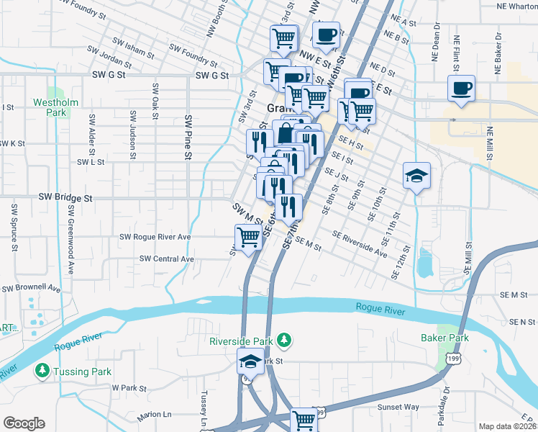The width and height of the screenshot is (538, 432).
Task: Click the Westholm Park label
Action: point(55,107)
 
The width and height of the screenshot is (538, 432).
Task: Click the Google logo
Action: point(24,423)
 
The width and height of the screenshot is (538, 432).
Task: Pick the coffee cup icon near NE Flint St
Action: point(460,89)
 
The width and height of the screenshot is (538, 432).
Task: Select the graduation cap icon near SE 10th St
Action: point(416,176)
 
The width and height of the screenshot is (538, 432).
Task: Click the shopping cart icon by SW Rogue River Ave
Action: point(248,237)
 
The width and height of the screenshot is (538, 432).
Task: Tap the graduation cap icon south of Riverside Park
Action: point(251,361)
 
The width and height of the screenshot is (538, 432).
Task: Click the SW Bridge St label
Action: point(66,197)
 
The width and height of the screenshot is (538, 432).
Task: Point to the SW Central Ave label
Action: point(167,258)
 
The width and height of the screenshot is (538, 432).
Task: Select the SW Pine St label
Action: point(188,137)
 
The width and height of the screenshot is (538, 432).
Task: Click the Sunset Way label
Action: point(398,407)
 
